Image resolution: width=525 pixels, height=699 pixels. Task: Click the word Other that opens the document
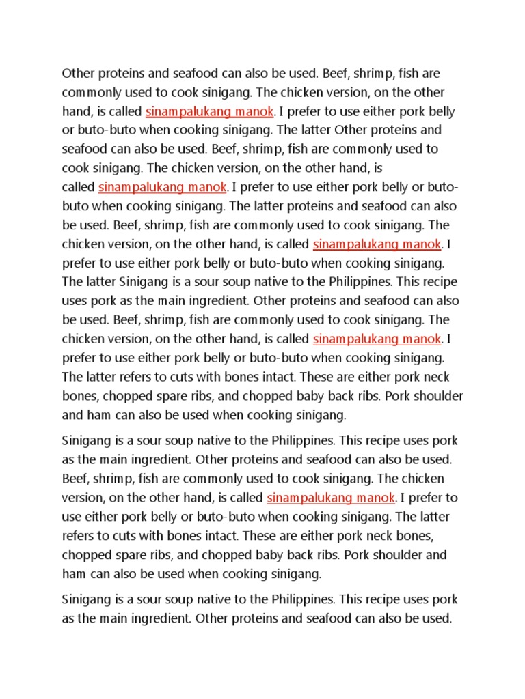77,73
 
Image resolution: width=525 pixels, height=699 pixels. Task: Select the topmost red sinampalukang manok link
210,111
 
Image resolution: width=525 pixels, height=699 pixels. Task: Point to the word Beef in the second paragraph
75,478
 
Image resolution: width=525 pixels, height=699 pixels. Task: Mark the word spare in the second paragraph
125,554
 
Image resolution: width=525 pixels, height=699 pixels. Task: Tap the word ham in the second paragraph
73,573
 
